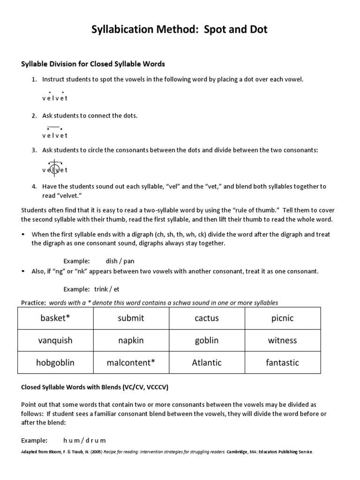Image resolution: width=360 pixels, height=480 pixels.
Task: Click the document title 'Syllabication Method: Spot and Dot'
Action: (x=180, y=30)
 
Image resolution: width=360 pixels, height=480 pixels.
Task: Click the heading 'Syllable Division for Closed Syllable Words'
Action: (x=93, y=63)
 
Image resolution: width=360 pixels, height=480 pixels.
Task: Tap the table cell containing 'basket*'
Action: (x=55, y=318)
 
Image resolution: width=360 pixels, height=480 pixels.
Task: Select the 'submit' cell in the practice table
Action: (x=131, y=318)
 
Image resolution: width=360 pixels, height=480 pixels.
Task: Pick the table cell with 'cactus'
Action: (x=207, y=318)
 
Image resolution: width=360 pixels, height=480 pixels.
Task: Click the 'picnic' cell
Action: (x=283, y=318)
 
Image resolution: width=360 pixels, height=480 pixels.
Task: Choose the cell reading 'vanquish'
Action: (x=55, y=340)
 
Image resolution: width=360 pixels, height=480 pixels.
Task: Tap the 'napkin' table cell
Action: (x=131, y=340)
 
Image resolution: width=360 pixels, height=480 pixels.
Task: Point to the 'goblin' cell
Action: (x=207, y=340)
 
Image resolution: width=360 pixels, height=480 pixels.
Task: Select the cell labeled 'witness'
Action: (x=283, y=340)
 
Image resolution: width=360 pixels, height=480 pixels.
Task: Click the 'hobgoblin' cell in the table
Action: (x=55, y=362)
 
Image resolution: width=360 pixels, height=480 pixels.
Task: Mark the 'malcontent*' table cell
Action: (x=131, y=362)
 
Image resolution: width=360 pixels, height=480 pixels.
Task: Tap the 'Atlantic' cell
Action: (x=207, y=362)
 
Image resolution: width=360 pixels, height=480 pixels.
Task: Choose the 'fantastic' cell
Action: (x=283, y=362)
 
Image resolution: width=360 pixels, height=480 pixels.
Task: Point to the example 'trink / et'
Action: (x=107, y=289)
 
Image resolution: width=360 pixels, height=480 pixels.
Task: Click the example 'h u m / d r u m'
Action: (x=85, y=440)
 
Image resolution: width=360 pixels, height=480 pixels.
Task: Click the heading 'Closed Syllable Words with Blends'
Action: (x=95, y=388)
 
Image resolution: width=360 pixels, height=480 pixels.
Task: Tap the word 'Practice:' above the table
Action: (x=34, y=303)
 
